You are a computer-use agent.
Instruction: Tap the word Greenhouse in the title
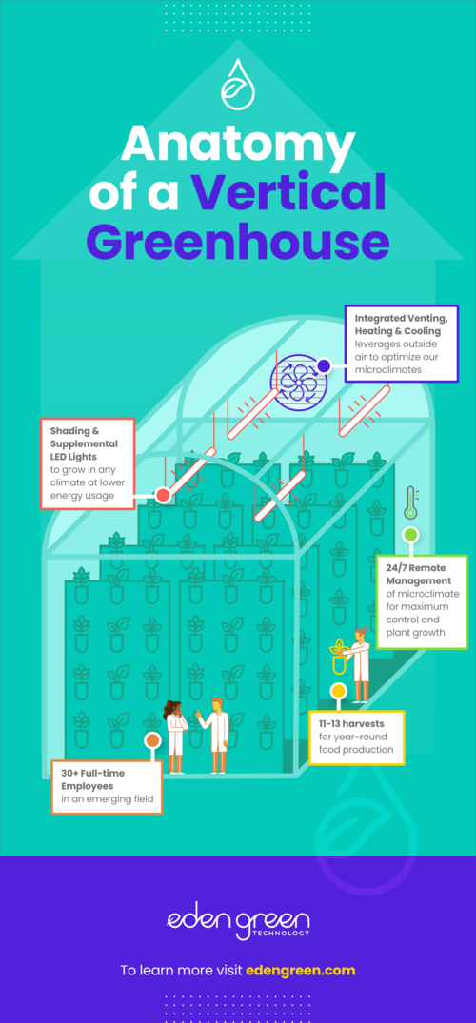pyautogui.click(x=238, y=241)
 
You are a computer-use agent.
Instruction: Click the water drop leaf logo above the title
pyautogui.click(x=238, y=84)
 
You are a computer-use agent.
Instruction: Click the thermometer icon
pyautogui.click(x=410, y=503)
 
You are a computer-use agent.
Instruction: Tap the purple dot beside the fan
pyautogui.click(x=324, y=365)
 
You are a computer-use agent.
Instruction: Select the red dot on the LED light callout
pyautogui.click(x=163, y=496)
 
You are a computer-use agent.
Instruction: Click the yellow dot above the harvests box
pyautogui.click(x=338, y=691)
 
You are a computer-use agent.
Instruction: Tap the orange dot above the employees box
pyautogui.click(x=152, y=740)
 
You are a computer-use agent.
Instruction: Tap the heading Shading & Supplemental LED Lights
pyautogui.click(x=84, y=443)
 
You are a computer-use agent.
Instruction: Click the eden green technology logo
pyautogui.click(x=238, y=924)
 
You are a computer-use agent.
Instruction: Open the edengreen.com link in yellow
pyautogui.click(x=301, y=970)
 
